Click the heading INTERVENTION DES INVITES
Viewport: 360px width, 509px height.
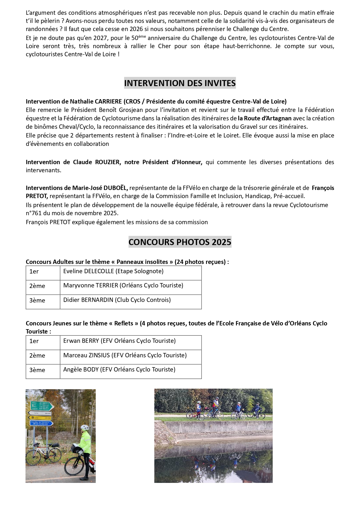click(x=180, y=83)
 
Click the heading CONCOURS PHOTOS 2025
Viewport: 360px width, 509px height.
click(x=180, y=242)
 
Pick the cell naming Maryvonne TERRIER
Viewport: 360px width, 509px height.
click(x=123, y=285)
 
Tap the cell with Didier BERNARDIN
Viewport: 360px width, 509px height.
click(x=117, y=300)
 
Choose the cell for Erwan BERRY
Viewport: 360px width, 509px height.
click(x=119, y=341)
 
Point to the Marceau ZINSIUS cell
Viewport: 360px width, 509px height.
click(x=125, y=355)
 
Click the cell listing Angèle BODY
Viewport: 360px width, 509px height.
click(x=119, y=369)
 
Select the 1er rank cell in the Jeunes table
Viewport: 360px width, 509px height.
click(x=34, y=341)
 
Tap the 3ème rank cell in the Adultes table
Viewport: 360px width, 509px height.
click(x=37, y=300)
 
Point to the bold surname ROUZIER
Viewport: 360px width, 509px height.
click(x=107, y=162)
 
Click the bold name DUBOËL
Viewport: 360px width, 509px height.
click(x=116, y=188)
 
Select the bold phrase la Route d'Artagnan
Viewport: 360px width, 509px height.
click(x=265, y=118)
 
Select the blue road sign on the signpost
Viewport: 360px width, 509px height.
click(x=41, y=423)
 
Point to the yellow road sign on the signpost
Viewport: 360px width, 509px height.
click(x=39, y=418)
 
